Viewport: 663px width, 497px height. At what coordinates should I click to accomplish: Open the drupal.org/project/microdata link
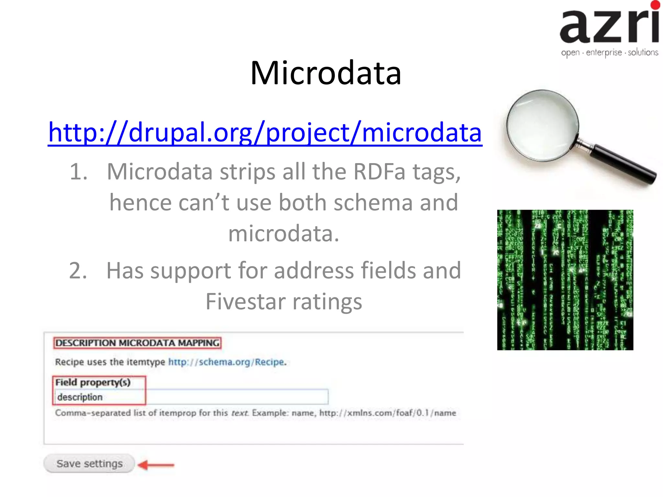pos(265,133)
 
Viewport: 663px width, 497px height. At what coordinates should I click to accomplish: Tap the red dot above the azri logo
pos(655,5)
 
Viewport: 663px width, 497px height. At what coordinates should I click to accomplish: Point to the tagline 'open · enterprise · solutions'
pos(609,52)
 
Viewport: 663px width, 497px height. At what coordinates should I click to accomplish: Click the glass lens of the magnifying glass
pos(543,126)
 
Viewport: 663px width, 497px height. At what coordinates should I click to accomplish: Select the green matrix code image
pos(565,280)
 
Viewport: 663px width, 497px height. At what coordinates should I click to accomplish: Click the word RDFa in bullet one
pos(379,171)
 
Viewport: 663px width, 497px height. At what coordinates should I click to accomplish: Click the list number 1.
pos(78,171)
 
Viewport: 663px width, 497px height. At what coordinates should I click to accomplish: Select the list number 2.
pos(78,271)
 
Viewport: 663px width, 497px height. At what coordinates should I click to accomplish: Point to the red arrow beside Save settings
pos(156,465)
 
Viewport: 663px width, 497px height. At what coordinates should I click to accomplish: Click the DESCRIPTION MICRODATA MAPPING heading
pos(137,343)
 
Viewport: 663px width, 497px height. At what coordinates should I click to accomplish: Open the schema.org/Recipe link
pos(226,362)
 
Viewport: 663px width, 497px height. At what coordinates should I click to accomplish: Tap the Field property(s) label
pos(93,382)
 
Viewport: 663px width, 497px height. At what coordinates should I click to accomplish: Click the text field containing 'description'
pos(191,397)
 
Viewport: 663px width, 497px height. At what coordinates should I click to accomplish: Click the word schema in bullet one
pos(373,203)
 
